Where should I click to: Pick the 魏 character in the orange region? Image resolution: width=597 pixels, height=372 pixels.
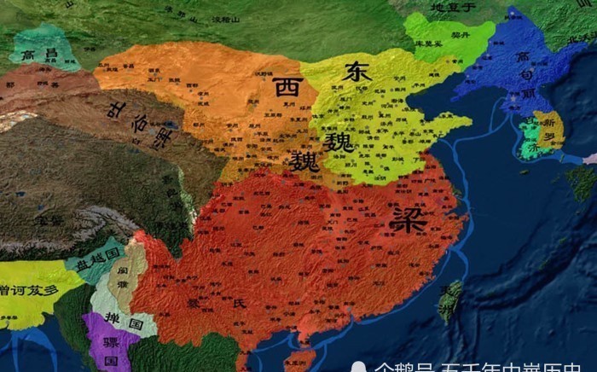pos(304,161)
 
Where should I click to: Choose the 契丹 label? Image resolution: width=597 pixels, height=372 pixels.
pos(461,35)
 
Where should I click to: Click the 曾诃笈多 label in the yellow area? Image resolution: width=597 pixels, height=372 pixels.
pos(30,290)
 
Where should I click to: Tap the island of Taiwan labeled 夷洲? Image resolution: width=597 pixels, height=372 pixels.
pos(449,299)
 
